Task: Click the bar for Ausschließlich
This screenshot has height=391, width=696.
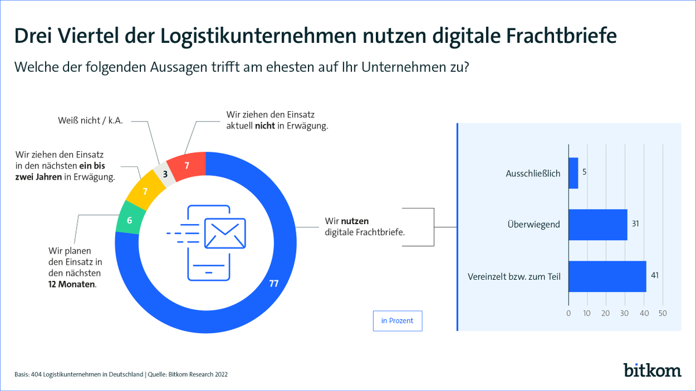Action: point(573,173)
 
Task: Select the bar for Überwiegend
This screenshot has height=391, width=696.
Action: point(597,224)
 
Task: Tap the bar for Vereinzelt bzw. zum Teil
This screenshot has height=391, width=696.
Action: point(607,276)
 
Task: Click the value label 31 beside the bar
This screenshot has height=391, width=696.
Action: point(636,224)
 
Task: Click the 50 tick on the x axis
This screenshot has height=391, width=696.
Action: point(662,313)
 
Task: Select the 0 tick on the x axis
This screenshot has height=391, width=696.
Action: point(568,313)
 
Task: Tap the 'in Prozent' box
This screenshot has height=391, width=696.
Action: point(397,321)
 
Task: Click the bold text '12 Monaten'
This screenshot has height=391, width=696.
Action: point(72,285)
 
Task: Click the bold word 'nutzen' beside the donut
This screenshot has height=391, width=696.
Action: point(355,221)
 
